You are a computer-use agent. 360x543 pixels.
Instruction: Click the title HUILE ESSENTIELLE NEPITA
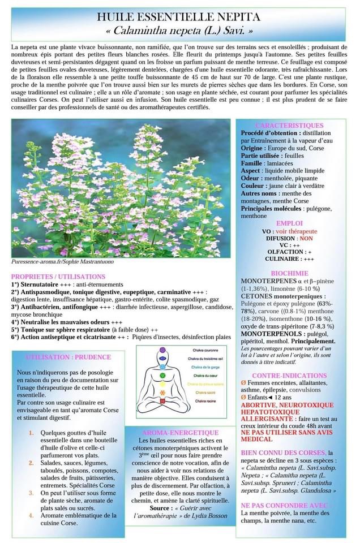179,18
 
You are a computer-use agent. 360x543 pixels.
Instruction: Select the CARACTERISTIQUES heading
289,125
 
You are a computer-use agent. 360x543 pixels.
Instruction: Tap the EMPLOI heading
289,223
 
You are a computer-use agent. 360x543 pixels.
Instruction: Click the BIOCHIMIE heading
289,273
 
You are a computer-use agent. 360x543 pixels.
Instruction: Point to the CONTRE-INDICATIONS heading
290,376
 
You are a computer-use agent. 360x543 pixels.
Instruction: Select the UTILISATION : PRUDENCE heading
68,357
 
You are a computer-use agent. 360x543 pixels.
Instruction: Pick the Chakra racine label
199,400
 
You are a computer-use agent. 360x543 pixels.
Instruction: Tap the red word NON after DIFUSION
306,239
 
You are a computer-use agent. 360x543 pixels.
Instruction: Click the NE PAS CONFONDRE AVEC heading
285,505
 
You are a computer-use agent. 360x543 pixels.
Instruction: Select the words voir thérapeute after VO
296,231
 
